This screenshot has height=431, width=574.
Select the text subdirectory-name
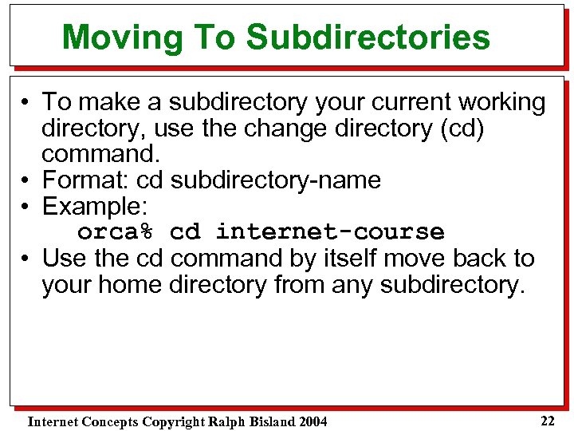276,180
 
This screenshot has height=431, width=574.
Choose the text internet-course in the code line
330,232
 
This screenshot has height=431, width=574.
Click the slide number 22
547,421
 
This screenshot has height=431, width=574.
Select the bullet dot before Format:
26,181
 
